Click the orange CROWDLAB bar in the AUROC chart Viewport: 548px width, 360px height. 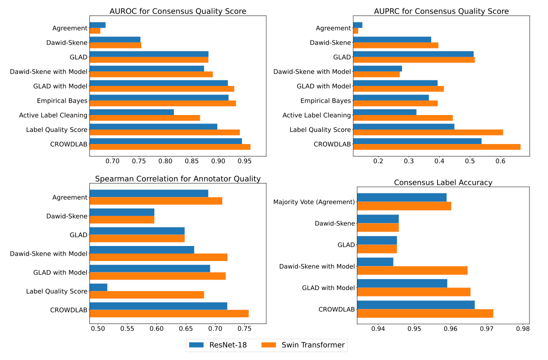[x=170, y=147]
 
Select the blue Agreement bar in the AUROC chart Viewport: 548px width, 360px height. [x=97, y=25]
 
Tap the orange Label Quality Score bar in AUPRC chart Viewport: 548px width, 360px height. [x=428, y=132]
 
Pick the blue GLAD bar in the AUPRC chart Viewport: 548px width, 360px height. [x=413, y=54]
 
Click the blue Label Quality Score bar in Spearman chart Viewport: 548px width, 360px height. [x=98, y=287]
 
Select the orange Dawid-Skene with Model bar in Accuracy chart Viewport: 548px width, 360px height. [x=412, y=270]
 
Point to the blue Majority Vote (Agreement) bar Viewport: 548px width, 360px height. [x=402, y=197]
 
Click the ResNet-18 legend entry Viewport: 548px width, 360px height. [x=217, y=344]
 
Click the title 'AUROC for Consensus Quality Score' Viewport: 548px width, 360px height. [x=177, y=11]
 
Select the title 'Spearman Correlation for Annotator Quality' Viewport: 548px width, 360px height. [x=178, y=179]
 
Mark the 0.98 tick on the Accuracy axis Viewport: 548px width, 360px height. [x=523, y=329]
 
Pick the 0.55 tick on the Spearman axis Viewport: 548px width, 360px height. [x=127, y=329]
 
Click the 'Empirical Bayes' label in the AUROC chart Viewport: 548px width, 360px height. [x=62, y=101]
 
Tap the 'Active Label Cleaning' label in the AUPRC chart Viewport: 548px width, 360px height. [x=317, y=115]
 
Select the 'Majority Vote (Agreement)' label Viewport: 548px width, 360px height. [x=314, y=202]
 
